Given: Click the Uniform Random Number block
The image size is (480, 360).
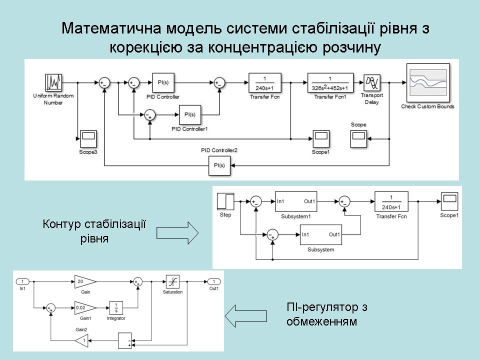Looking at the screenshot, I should tap(53, 82).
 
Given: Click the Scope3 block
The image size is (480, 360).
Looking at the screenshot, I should tap(87, 138).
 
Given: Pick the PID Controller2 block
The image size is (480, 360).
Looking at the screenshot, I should tap(219, 165).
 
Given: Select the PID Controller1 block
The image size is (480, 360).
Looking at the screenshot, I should tap(189, 115).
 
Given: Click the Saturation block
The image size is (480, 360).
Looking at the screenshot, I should tap(172, 281).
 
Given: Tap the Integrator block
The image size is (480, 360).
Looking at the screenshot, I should tap(116, 307).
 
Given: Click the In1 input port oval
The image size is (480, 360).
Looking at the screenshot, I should tap(22, 281).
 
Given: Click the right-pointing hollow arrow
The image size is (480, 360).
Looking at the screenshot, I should tap(177, 233).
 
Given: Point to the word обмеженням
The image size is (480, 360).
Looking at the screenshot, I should tap(322, 321).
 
